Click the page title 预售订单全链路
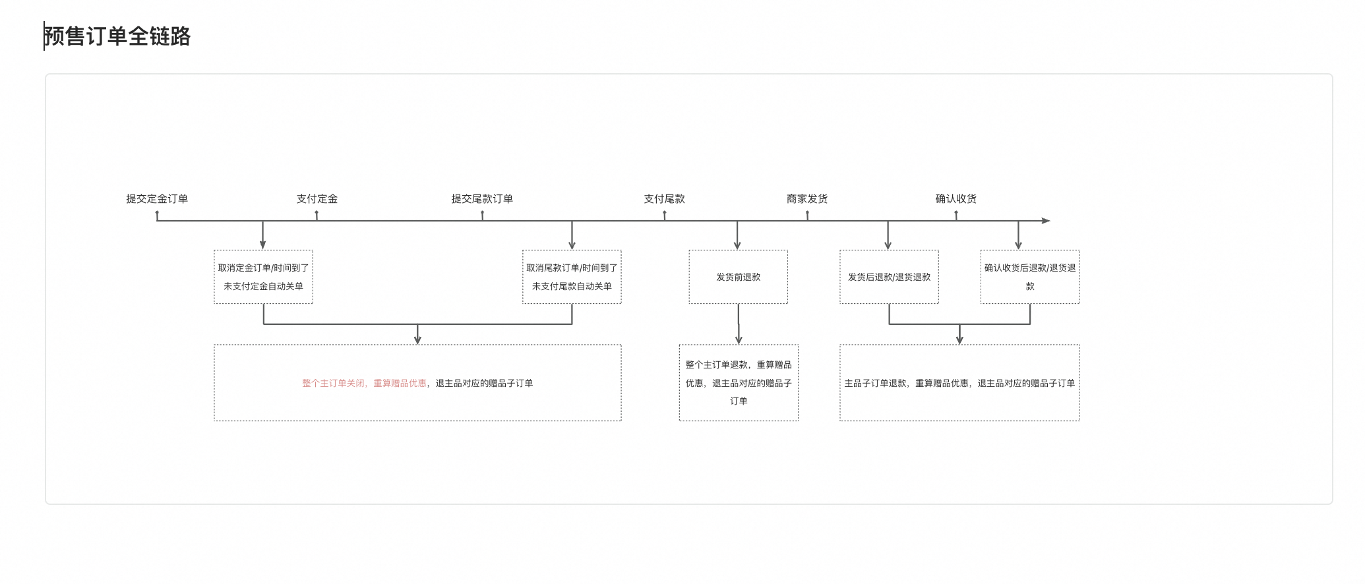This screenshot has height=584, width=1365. (x=117, y=36)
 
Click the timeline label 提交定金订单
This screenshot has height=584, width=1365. (x=157, y=198)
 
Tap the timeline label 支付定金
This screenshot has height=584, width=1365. (x=317, y=198)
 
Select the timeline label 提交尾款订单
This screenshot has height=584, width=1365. (x=482, y=198)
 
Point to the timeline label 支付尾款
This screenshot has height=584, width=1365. (x=664, y=198)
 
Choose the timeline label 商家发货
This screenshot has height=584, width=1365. (x=807, y=198)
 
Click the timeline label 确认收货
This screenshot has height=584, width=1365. (x=956, y=198)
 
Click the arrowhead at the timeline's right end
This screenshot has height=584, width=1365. (x=1046, y=221)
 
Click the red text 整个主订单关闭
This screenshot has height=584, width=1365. (x=333, y=383)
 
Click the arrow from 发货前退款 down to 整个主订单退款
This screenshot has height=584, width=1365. (x=739, y=324)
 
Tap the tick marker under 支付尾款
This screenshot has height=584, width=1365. (x=664, y=216)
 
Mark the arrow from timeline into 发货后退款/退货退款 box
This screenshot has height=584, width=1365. (x=888, y=235)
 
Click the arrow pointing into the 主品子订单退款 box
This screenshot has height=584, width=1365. (x=959, y=334)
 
